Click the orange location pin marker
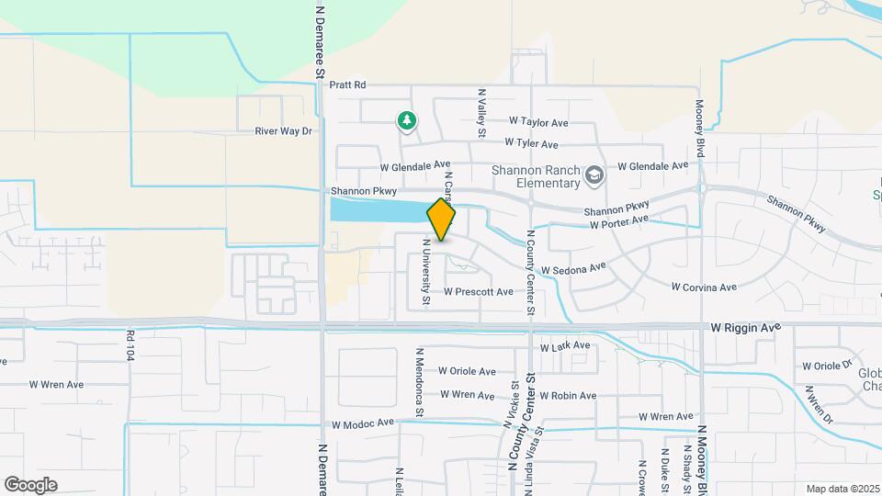442,220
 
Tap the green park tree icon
406,120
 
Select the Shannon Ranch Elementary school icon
594,175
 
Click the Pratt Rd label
348,85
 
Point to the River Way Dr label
284,131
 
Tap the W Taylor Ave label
538,121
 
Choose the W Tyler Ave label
531,144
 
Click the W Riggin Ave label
745,327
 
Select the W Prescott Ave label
478,292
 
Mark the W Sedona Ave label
573,269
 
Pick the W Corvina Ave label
704,287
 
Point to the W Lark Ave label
565,347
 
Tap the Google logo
30,485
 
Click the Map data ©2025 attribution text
842,489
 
